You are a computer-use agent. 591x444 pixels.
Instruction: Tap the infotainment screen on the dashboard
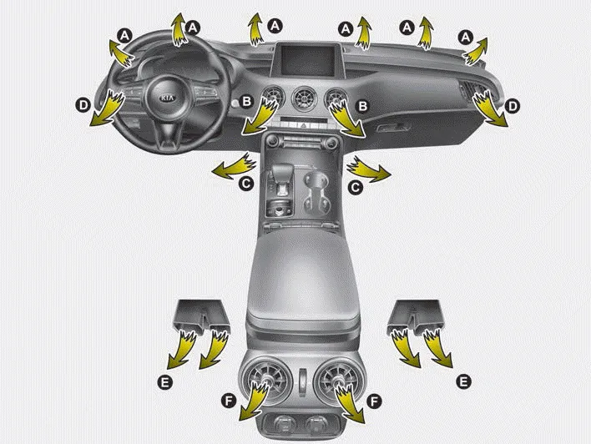(308, 60)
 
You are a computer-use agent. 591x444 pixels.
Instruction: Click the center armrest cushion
(301, 279)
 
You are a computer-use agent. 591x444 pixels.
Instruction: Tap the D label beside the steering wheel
(83, 105)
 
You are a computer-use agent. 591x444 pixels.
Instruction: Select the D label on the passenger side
(513, 106)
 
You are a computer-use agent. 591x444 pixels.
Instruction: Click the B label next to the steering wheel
(246, 101)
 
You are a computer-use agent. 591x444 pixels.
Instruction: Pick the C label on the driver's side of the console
(246, 184)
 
